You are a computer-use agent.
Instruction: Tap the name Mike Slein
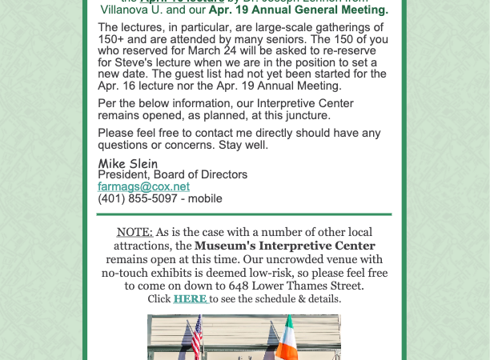[127, 163]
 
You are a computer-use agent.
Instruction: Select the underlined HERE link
[191, 299]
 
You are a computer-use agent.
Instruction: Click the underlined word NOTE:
[135, 232]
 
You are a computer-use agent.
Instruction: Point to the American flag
[197, 337]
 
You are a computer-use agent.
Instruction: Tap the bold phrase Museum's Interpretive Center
[284, 246]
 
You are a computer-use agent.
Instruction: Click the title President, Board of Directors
[172, 174]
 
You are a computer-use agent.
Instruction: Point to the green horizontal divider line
[244, 214]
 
